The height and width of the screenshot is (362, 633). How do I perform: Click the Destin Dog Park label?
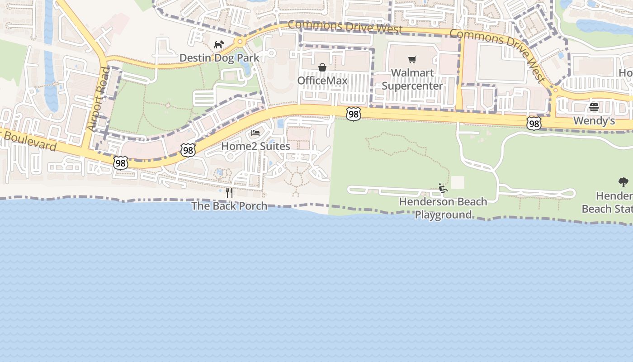(x=219, y=57)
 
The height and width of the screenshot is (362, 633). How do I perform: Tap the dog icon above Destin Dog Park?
(x=219, y=44)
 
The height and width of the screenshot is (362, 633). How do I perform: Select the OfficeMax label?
(x=322, y=81)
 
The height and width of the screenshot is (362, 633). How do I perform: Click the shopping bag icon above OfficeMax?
(x=322, y=67)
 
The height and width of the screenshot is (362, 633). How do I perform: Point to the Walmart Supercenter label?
(x=412, y=79)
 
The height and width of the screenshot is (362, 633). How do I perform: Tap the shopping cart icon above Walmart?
(x=412, y=59)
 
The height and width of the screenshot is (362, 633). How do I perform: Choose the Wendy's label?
(x=594, y=121)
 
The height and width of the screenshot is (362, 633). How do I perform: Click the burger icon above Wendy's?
(x=594, y=107)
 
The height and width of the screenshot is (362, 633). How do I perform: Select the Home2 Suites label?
(x=255, y=146)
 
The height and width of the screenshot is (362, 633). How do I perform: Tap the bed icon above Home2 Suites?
(x=255, y=133)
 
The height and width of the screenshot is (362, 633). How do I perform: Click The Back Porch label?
(x=229, y=206)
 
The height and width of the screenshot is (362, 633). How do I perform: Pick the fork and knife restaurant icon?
(x=229, y=193)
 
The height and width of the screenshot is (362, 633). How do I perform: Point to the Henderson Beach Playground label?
(x=443, y=208)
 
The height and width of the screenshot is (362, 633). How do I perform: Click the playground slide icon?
(x=443, y=188)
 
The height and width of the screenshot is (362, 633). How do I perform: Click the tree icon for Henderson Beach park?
(x=624, y=182)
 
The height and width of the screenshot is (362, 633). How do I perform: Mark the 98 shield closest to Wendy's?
(x=534, y=123)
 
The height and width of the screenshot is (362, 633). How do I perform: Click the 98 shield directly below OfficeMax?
(x=353, y=114)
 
